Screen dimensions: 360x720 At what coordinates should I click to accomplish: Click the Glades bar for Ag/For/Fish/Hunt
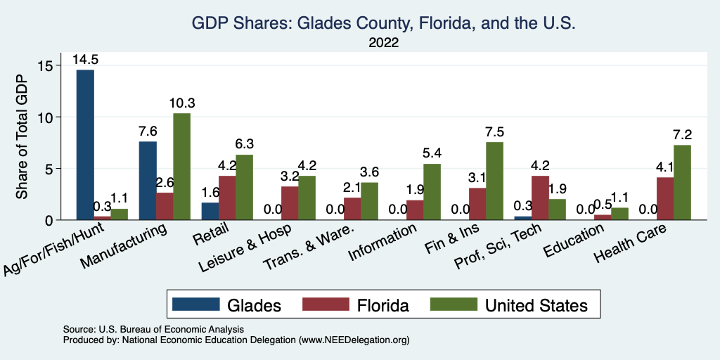tap(85, 144)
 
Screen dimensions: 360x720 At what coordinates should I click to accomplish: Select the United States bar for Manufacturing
tap(181, 167)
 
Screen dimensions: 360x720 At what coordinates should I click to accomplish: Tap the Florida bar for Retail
tap(228, 198)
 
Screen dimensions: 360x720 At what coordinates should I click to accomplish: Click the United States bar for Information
tap(432, 192)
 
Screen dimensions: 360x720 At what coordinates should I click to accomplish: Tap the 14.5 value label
tap(85, 60)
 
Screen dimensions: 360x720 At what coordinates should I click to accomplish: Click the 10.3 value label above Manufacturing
tap(181, 103)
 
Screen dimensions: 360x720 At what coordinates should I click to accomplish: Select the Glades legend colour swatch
tap(194, 304)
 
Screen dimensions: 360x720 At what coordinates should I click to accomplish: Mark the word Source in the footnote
tap(77, 329)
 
